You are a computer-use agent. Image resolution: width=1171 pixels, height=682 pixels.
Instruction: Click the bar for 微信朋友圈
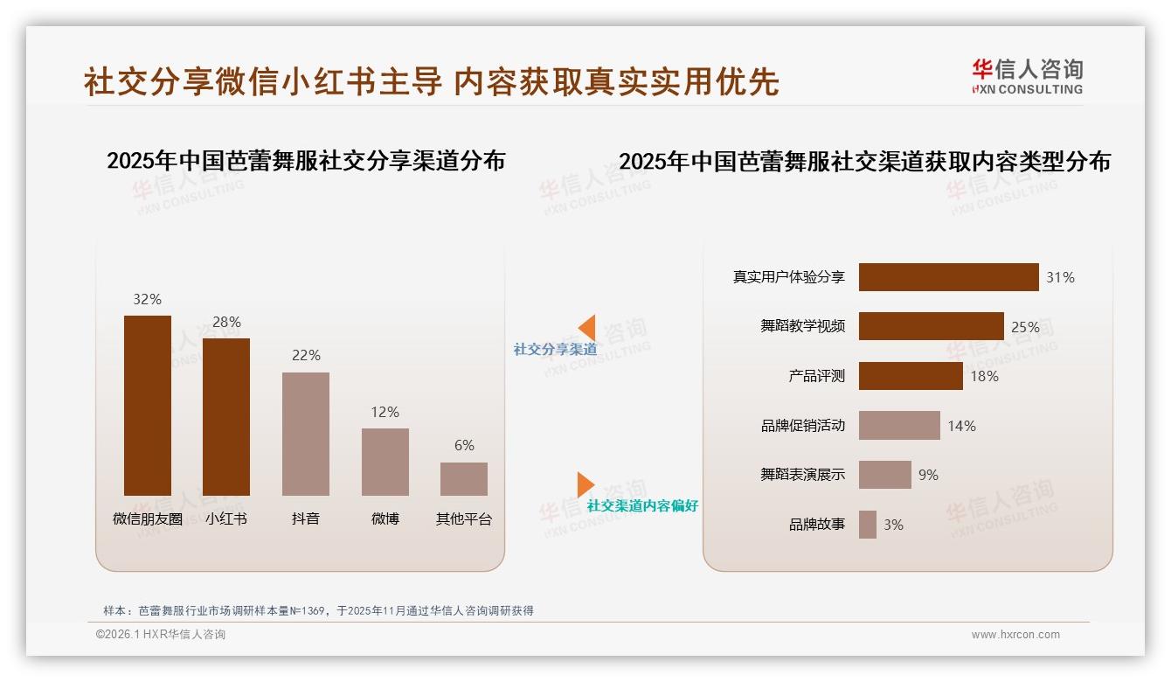[147, 406]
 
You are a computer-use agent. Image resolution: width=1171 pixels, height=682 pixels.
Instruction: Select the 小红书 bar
[226, 417]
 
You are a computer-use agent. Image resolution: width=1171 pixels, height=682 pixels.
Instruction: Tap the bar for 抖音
[306, 434]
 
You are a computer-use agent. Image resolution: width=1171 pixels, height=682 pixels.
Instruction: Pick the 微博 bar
[385, 462]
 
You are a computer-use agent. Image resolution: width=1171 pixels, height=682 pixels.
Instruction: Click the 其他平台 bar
[464, 479]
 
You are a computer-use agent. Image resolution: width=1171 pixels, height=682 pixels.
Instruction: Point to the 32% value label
[147, 299]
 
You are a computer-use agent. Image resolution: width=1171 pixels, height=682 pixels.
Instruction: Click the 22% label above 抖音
[306, 355]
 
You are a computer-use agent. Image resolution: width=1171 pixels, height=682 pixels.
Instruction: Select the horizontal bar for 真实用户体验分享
[948, 277]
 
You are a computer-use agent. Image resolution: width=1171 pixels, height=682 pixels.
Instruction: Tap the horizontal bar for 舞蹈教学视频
[931, 326]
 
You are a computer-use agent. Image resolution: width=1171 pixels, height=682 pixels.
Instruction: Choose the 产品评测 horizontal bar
[911, 376]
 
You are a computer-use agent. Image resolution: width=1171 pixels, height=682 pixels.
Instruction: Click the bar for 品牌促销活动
[899, 426]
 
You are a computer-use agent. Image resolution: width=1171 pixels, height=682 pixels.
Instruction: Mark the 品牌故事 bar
[868, 525]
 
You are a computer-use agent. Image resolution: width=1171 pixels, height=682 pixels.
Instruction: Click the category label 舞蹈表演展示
[802, 475]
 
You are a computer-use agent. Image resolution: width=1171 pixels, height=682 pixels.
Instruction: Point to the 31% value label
[1060, 277]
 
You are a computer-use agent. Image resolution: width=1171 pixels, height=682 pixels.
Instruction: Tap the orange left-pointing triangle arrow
[587, 328]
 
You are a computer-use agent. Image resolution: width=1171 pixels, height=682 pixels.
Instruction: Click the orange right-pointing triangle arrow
[585, 484]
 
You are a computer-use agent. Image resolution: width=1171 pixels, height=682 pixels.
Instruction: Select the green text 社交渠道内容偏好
[642, 506]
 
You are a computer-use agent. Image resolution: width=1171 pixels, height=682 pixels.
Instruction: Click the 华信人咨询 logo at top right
[1027, 76]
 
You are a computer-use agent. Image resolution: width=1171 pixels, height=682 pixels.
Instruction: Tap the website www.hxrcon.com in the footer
[1015, 635]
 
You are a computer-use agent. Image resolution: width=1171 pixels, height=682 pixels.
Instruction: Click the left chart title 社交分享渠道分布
[306, 161]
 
